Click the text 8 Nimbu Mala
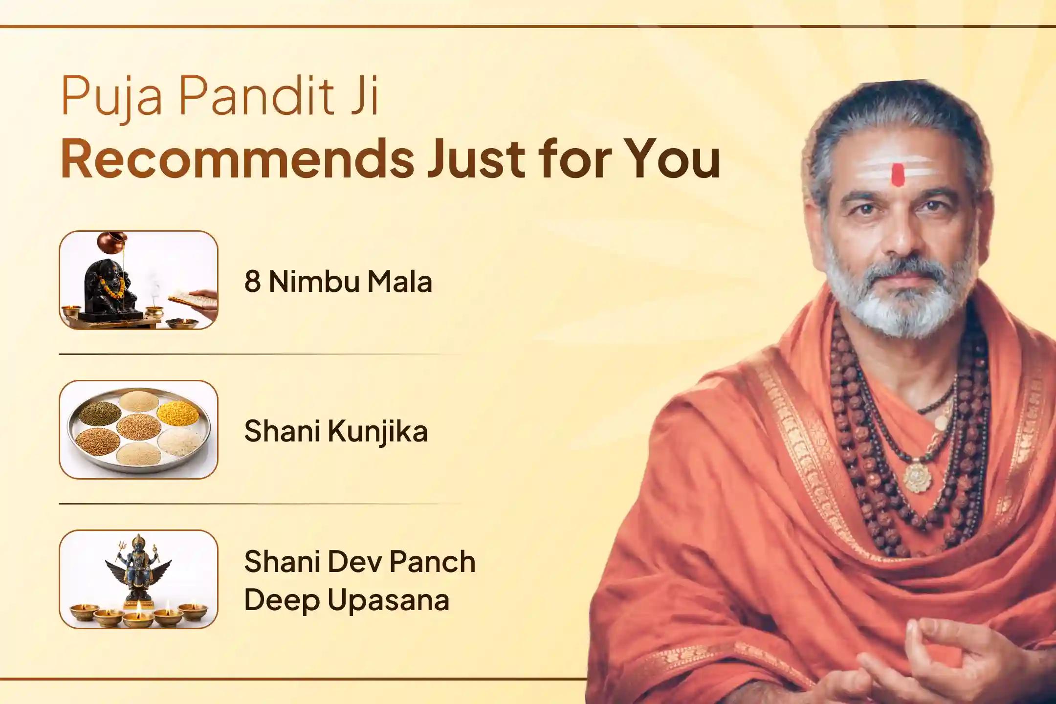point(338,282)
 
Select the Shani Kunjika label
point(336,431)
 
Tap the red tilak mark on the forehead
point(898,175)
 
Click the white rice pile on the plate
point(180,442)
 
